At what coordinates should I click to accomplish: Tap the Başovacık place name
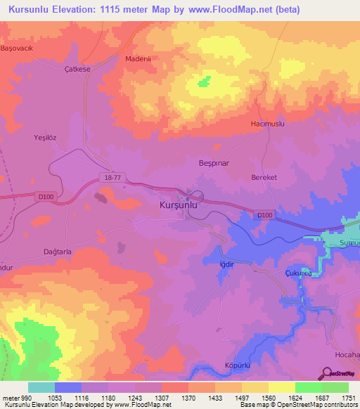[17, 48]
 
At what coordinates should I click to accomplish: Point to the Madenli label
[139, 59]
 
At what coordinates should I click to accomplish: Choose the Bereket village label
[266, 178]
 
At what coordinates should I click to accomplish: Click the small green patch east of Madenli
[204, 82]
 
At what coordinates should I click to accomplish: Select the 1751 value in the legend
[348, 398]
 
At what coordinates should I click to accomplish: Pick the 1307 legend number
[160, 398]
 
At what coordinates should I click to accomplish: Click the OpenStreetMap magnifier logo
[327, 374]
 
